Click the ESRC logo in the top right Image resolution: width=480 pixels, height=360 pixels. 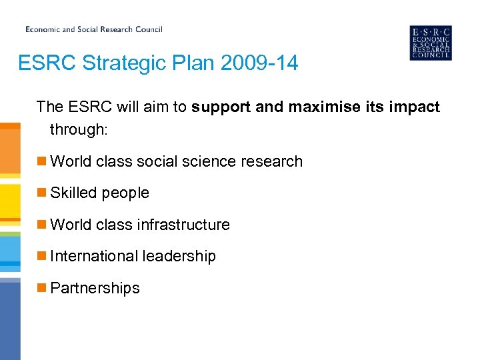coord(430,43)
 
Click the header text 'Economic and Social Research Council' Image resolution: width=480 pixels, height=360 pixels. coord(94,29)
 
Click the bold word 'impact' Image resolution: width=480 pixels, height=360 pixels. coord(415,107)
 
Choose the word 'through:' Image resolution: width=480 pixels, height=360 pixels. coord(78,129)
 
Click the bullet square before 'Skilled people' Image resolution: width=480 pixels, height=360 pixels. coord(41,193)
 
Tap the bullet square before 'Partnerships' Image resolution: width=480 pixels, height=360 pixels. coord(41,288)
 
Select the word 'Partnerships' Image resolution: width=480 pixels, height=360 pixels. coord(95,288)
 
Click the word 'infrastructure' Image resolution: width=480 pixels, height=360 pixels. coord(183,225)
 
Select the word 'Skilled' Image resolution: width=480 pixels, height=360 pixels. coord(73,193)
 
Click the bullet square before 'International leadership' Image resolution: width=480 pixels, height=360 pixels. coord(41,256)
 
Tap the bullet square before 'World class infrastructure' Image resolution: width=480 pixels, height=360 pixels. coord(41,225)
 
